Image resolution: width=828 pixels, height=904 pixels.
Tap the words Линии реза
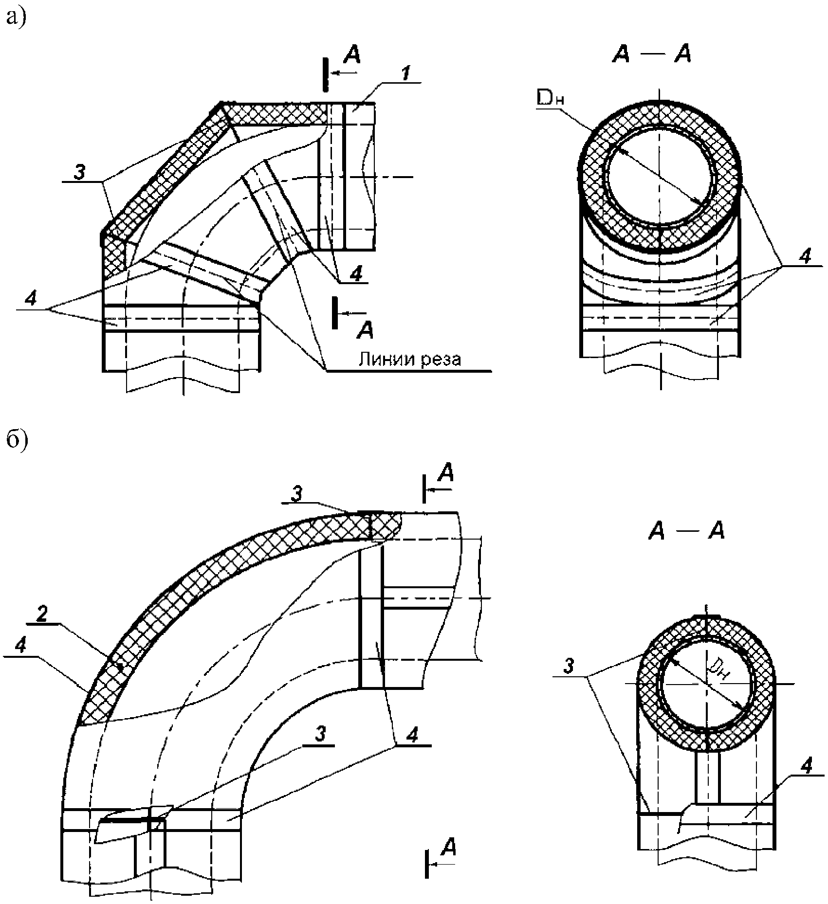[x=409, y=359]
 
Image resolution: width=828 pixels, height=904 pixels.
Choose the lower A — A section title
[x=686, y=532]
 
